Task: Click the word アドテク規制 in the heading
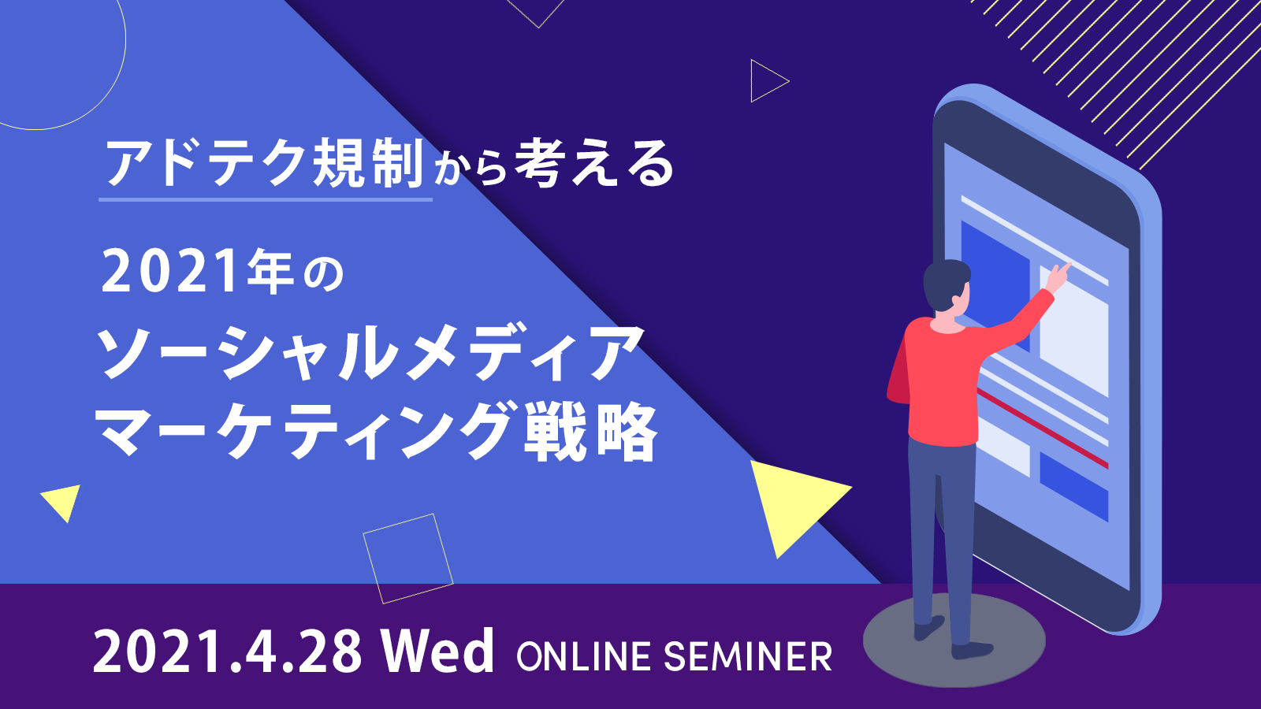pyautogui.click(x=264, y=164)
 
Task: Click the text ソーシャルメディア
pyautogui.click(x=370, y=354)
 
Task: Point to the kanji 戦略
pyautogui.click(x=590, y=432)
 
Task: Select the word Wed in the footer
pyautogui.click(x=437, y=651)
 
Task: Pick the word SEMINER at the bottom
pyautogui.click(x=748, y=657)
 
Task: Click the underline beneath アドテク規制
pyautogui.click(x=266, y=199)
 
